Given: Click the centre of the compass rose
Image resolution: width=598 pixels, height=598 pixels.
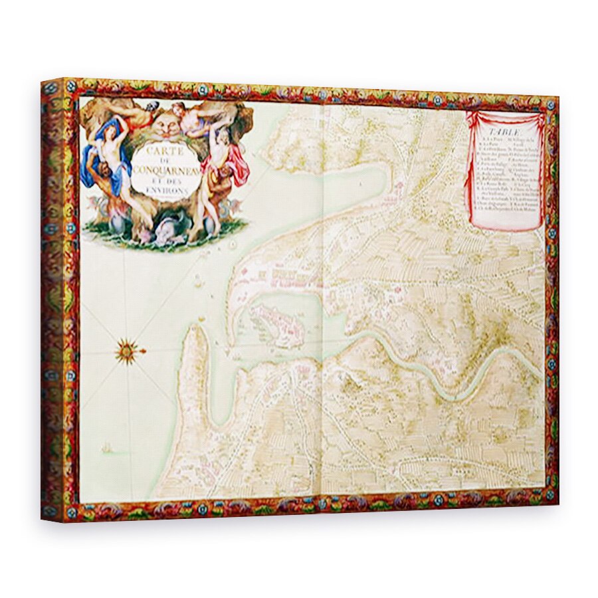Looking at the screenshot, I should click(x=126, y=350).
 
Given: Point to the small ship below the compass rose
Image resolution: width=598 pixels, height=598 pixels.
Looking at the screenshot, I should click(x=106, y=450).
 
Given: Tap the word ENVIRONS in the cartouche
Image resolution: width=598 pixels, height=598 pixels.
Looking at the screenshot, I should click(x=163, y=188).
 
